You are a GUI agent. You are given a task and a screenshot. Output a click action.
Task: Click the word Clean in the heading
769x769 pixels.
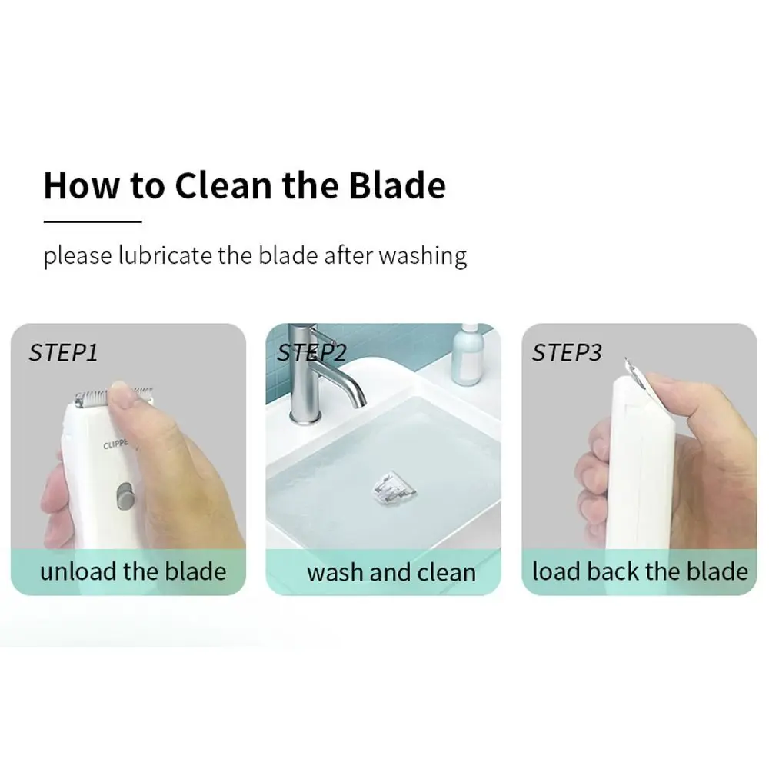point(223,185)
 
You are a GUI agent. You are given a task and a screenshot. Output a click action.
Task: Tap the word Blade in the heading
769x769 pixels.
point(398,185)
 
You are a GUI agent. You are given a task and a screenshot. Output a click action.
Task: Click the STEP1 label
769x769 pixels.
point(63,353)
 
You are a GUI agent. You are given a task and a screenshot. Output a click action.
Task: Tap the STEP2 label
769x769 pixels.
point(312,353)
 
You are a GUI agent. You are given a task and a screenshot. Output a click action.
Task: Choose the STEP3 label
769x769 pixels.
point(567,353)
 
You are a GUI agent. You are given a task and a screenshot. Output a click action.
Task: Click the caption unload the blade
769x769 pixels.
point(133,571)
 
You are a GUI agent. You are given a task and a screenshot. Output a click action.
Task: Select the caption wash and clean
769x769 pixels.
point(391,572)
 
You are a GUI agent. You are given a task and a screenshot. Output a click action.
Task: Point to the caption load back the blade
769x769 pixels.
point(640,571)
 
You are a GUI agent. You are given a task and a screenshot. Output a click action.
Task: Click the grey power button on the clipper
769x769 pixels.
point(125,496)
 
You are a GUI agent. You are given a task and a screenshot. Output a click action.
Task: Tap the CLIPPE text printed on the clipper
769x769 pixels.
point(116,444)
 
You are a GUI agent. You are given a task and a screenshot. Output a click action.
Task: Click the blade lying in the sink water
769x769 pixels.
point(393,488)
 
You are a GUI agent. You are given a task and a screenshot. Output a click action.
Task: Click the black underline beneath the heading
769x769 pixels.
point(93,221)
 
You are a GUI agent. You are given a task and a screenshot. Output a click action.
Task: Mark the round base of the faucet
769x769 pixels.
point(305,417)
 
